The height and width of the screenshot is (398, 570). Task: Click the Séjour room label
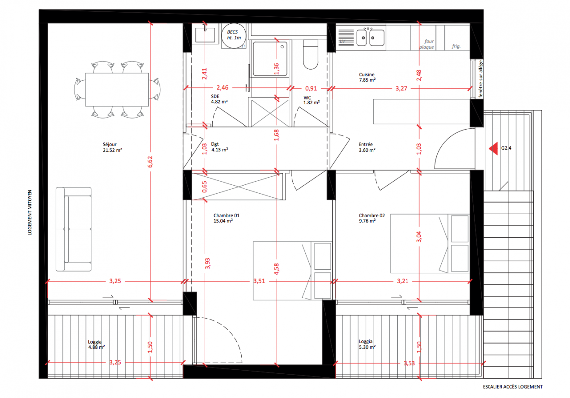point(112,147)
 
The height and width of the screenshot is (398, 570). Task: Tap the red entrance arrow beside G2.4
point(493,148)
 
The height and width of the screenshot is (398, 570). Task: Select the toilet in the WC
point(310,55)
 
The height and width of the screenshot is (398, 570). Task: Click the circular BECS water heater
point(234,36)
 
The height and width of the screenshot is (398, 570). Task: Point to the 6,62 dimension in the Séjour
point(150,162)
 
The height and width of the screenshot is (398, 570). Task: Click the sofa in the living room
point(74,229)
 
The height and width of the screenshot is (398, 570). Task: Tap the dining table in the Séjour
point(117,90)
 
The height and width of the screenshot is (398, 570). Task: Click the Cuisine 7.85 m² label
point(367,77)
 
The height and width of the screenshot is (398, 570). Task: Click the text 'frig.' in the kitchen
point(456,46)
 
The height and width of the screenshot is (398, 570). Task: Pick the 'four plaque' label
point(427,44)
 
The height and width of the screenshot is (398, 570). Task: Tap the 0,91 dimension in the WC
point(311,88)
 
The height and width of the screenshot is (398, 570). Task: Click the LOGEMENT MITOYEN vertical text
point(30,212)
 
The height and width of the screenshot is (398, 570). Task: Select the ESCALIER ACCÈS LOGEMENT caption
point(512,387)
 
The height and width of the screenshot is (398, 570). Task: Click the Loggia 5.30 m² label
point(367,344)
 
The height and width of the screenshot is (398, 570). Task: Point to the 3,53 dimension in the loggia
point(409,363)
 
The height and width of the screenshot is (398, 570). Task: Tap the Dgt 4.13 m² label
point(220,147)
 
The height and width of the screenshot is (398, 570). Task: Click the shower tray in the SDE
point(270,59)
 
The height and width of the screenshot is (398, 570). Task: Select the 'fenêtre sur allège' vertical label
point(481,79)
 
